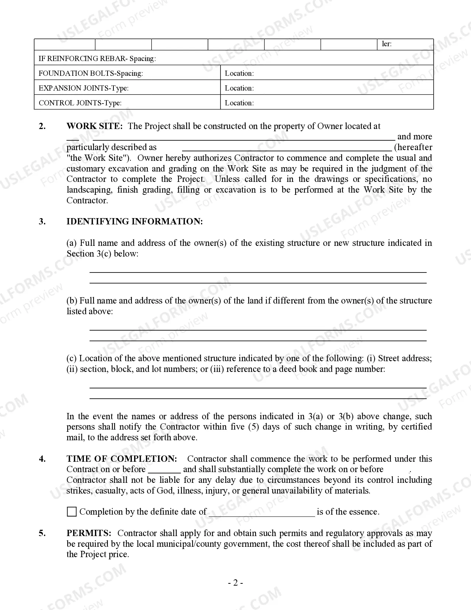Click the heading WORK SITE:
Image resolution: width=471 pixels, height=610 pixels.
[94, 126]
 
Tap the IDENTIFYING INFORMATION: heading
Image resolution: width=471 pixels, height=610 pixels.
[134, 221]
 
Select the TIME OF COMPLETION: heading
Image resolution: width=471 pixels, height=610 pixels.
[122, 459]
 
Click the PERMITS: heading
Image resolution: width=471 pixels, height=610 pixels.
[89, 533]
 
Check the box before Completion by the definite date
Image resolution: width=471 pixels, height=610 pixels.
[72, 512]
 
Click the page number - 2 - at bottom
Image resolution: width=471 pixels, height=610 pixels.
[235, 583]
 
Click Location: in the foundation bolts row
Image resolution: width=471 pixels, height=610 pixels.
[239, 73]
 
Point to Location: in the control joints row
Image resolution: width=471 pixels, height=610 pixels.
[239, 103]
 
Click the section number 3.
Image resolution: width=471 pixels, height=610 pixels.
[42, 221]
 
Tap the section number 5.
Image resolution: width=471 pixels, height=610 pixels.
[42, 533]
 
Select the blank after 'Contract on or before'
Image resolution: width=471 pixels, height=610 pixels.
[164, 470]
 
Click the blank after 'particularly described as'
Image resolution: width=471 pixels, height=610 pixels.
[287, 148]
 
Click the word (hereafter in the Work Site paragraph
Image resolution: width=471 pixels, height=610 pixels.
[413, 147]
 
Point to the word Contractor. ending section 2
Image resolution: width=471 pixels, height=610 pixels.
[87, 200]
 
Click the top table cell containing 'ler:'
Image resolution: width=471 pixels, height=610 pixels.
[405, 44]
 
